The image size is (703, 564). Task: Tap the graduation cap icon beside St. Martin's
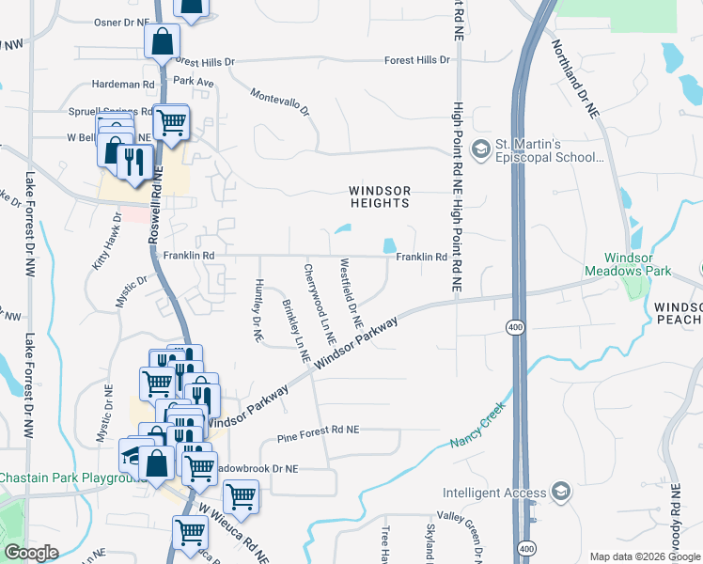(481, 149)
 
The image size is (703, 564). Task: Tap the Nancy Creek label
(477, 424)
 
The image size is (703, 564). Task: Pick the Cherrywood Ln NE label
(320, 302)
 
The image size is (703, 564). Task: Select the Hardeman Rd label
(123, 85)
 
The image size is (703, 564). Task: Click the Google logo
(31, 553)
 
